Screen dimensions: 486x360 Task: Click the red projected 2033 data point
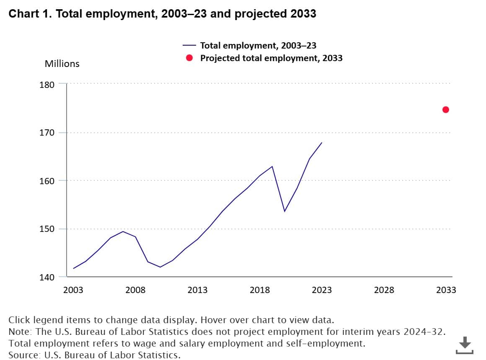pos(446,110)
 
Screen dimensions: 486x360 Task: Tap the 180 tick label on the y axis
pos(47,85)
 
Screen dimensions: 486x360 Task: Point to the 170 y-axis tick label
pos(47,133)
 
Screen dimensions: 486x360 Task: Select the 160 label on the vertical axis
pos(47,181)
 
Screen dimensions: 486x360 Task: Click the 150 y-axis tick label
pos(47,229)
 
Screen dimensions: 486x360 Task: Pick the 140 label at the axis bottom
pos(47,277)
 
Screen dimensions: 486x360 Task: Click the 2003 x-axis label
pos(73,290)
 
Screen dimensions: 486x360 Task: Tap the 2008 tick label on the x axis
pos(135,290)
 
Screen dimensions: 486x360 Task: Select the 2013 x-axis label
pos(197,290)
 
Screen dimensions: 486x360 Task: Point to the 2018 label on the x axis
pos(260,290)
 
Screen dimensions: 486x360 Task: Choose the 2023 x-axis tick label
pos(322,290)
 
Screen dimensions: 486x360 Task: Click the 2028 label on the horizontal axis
pos(384,290)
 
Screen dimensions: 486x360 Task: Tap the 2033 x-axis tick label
pos(446,290)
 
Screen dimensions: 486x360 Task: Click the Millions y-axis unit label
pos(62,64)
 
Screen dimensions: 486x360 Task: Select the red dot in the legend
pos(189,58)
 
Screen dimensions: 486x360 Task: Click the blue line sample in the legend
pos(189,45)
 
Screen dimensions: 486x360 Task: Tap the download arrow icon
pos(465,345)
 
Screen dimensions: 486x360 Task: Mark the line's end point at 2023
pos(322,143)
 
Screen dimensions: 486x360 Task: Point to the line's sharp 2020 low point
pos(284,211)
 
